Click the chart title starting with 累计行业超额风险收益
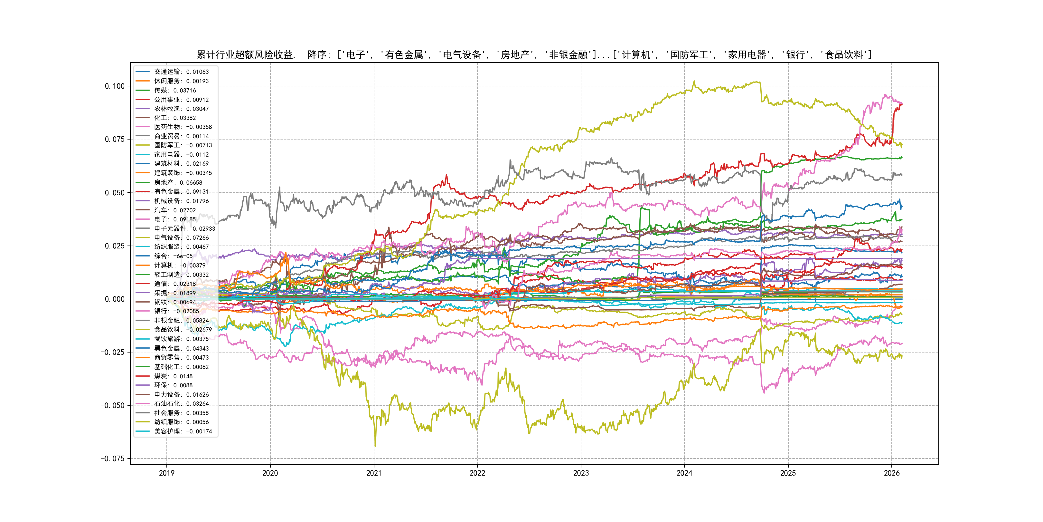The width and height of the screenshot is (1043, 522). [x=534, y=55]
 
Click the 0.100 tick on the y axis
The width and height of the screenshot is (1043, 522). [x=115, y=86]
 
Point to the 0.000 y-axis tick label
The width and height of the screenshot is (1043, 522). [x=115, y=299]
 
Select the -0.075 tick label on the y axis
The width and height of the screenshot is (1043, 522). [x=113, y=459]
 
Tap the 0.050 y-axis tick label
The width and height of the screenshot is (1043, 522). [x=115, y=192]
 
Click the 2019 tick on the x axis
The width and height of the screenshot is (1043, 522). [x=166, y=473]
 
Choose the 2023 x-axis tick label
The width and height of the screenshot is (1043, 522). [x=581, y=473]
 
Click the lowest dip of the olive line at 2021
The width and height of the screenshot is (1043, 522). [x=375, y=446]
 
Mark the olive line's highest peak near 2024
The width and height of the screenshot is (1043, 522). [x=694, y=82]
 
